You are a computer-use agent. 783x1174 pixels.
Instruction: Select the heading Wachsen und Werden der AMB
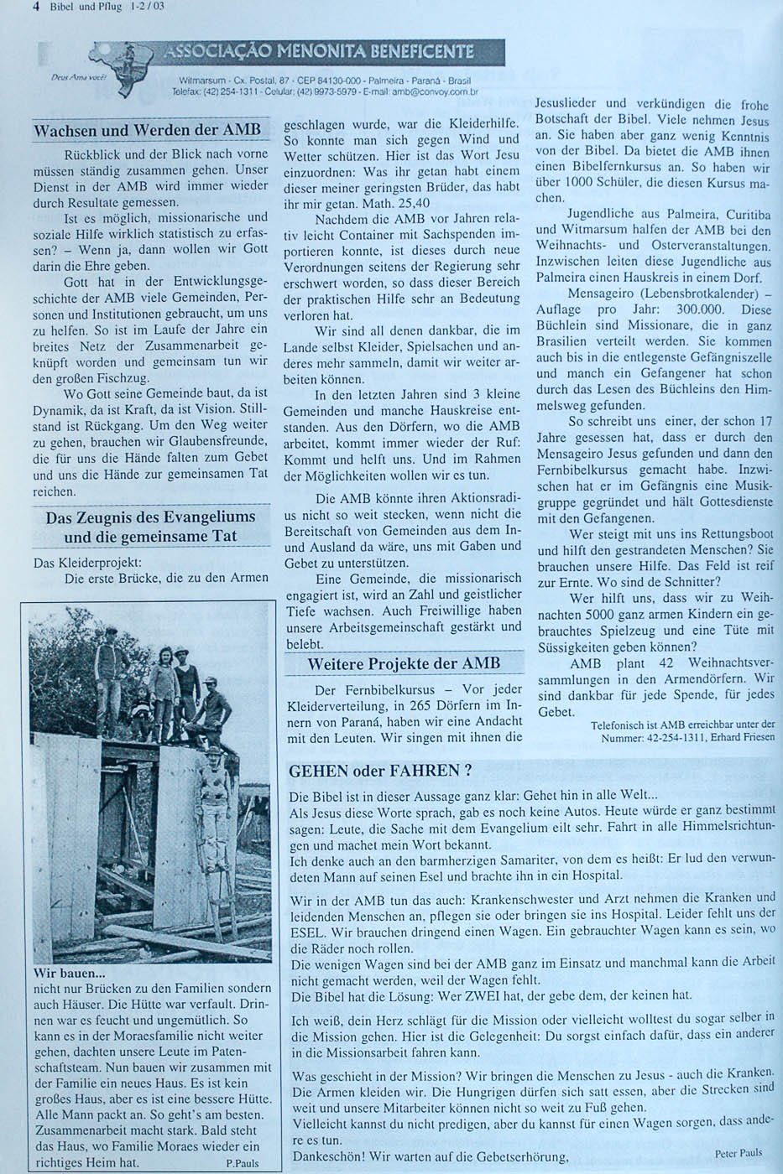point(147,131)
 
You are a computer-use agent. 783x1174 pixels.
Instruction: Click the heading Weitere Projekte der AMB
point(404,664)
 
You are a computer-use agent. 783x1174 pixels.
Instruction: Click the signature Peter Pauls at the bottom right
point(739,1153)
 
